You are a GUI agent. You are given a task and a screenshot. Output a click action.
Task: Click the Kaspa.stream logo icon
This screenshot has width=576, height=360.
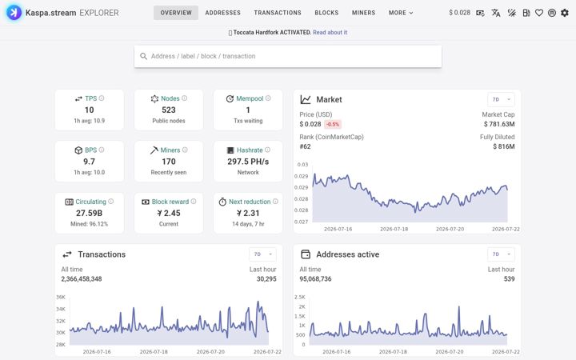coord(14,13)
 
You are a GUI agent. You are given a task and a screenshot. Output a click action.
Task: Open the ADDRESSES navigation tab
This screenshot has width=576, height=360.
coord(222,13)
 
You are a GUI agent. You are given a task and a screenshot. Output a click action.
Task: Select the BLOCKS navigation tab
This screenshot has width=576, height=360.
coord(326,13)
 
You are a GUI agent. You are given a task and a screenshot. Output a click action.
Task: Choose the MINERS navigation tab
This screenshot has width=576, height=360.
coord(363,13)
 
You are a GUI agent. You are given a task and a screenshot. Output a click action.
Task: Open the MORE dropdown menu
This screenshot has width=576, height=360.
coord(401,13)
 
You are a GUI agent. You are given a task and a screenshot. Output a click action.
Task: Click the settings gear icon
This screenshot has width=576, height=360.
coord(565,13)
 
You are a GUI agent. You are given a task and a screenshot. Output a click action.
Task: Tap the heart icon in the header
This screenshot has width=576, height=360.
coord(539,13)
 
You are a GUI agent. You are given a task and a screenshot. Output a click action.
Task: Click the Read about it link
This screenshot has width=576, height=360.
coord(330,32)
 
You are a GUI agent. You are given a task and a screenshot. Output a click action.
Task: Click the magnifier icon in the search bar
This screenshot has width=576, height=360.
coord(144,56)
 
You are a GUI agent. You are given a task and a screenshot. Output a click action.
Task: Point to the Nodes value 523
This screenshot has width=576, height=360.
coord(169,110)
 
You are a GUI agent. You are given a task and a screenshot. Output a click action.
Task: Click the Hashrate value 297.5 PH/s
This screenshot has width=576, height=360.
coord(248,162)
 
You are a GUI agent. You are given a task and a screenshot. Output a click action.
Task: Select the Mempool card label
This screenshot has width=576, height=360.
coord(250,98)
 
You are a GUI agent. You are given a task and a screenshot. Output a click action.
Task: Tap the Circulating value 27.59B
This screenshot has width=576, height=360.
coord(89,213)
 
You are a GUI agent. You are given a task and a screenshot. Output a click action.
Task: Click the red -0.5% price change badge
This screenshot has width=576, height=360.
coord(333,124)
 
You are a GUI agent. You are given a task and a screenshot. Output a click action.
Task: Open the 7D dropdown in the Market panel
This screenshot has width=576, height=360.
coord(501,99)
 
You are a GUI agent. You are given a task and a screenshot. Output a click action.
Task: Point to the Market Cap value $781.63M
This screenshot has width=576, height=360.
coord(499,124)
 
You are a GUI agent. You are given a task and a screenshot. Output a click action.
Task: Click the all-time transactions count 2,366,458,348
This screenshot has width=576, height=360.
coord(82,279)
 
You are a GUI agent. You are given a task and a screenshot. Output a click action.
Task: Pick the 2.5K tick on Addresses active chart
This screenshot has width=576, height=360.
coord(300,297)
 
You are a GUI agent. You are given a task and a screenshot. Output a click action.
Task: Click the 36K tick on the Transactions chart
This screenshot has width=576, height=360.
coord(61,297)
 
